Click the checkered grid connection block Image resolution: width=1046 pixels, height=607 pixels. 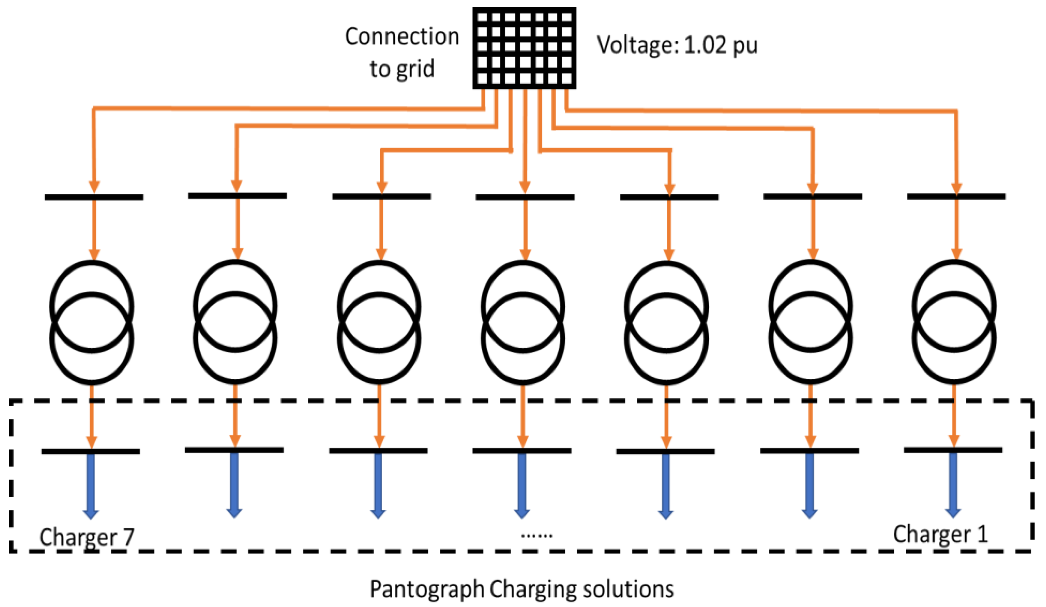[524, 48]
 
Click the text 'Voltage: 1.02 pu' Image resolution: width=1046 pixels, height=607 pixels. [677, 45]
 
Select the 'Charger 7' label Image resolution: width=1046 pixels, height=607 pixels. [87, 536]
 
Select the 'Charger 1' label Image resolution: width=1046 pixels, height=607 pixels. [940, 534]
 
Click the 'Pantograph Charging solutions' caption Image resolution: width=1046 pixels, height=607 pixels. [522, 589]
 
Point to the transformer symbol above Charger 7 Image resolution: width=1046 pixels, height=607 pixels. [92, 322]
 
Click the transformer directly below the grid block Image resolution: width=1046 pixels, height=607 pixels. [523, 322]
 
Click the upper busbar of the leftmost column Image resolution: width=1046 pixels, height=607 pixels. [94, 197]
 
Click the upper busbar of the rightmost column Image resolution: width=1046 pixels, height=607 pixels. [956, 196]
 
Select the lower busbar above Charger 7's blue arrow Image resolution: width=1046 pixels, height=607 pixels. [91, 451]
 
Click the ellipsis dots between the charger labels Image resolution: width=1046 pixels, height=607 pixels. [536, 536]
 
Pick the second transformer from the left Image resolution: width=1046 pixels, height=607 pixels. [235, 322]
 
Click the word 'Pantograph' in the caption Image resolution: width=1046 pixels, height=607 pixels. [427, 589]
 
